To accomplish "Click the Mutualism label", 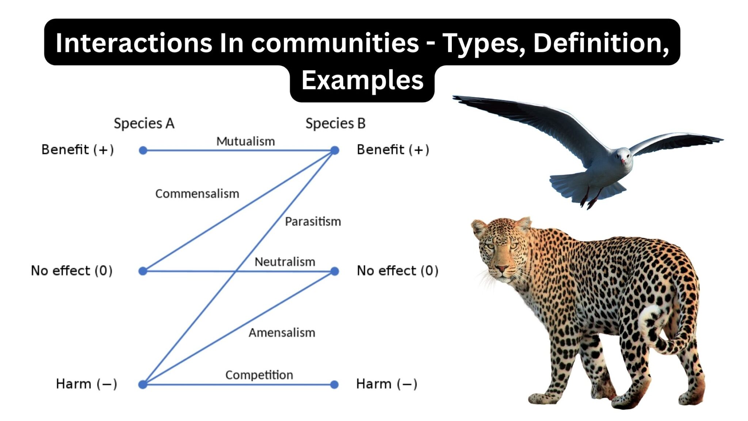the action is [245, 141].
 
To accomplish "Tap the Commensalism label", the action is [197, 193].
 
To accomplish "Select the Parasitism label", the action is [313, 221].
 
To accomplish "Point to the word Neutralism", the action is [285, 262].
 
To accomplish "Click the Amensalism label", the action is [282, 333].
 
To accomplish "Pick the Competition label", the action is [259, 375].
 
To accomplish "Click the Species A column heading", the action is [144, 124].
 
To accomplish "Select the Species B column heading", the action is [336, 124].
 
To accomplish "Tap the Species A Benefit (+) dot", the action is [143, 150].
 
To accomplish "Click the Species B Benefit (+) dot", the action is [335, 150].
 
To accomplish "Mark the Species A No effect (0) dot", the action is [143, 271].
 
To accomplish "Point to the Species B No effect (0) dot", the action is [335, 271].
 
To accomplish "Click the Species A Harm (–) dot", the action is [143, 384].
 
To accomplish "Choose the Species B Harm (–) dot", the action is [334, 384].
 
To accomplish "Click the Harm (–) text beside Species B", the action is [386, 384].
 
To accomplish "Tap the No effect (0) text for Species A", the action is [72, 271].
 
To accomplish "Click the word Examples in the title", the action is [362, 80].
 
